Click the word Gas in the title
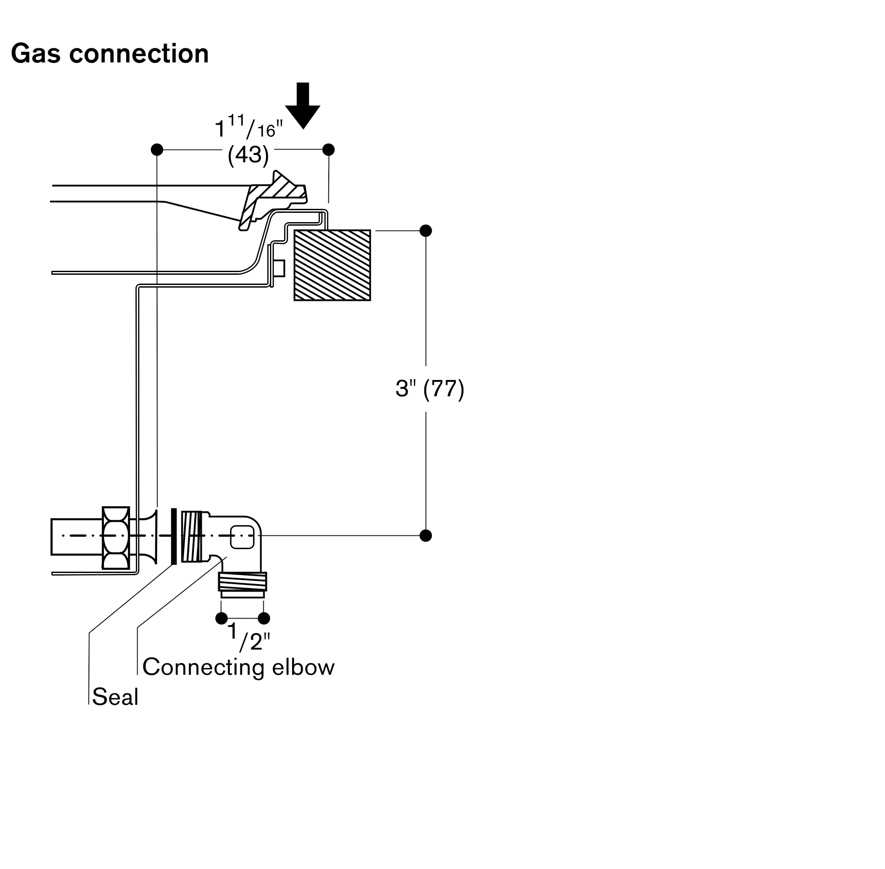coord(35,54)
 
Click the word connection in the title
coord(139,54)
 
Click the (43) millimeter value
coord(248,155)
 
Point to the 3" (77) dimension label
coord(430,389)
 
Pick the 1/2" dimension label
coord(248,637)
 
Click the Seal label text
coord(115,697)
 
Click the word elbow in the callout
coord(303,667)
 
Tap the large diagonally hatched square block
coord(332,265)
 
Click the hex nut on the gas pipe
coord(116,537)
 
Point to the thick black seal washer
coord(173,536)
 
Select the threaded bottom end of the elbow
coord(242,582)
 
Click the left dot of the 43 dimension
coord(157,150)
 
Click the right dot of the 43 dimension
coord(328,150)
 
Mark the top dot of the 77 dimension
coord(425,231)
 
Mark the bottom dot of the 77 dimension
coord(425,535)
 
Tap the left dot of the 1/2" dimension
coord(221,619)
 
